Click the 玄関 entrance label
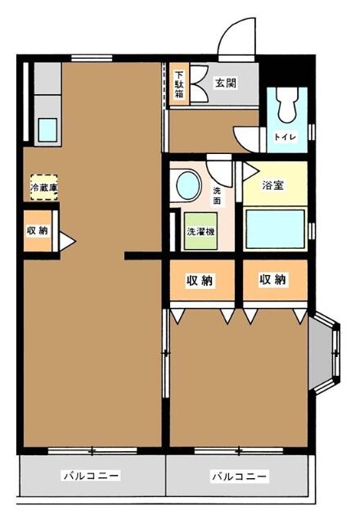(x=226, y=82)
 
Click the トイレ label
(x=286, y=138)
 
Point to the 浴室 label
(x=273, y=185)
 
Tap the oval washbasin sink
(x=188, y=185)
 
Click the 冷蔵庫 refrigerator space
(x=43, y=187)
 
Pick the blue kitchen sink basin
(x=47, y=130)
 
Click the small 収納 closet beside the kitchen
(x=38, y=231)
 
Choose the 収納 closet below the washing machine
(x=200, y=281)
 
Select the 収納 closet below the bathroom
(x=273, y=281)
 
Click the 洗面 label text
(x=217, y=195)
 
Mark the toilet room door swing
(x=245, y=137)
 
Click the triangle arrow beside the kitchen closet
(x=65, y=242)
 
